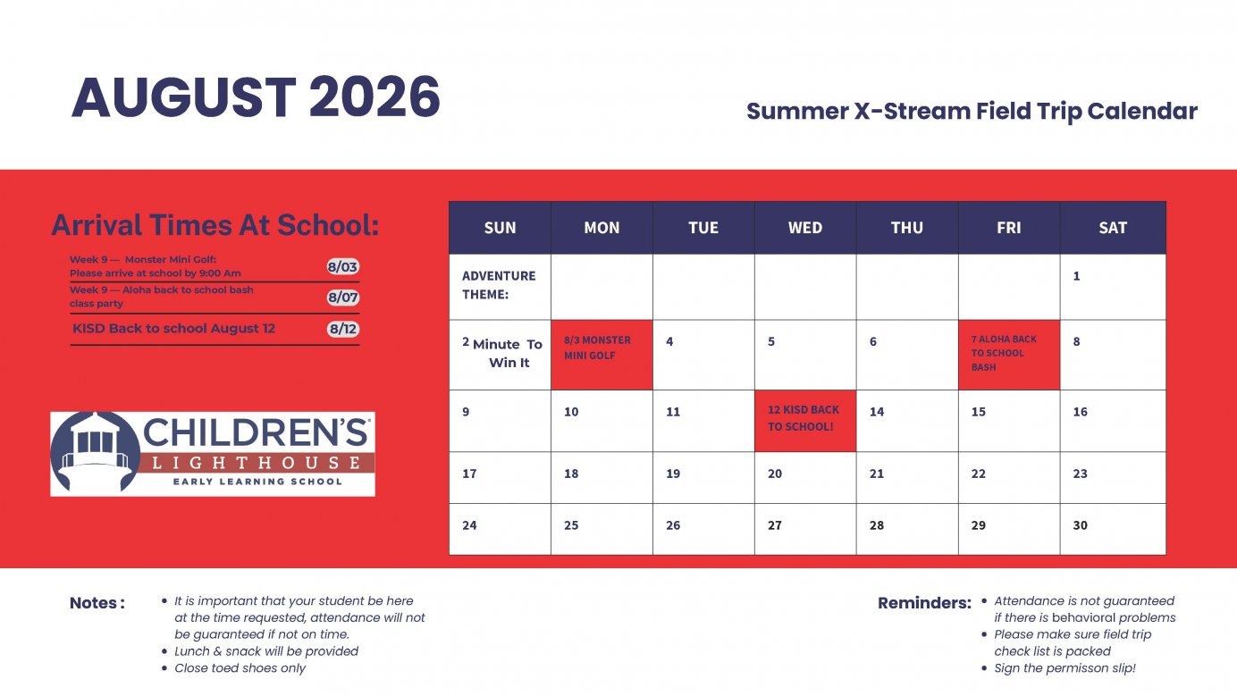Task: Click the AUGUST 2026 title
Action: tap(256, 97)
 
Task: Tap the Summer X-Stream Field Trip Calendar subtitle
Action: tap(972, 112)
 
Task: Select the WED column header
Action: tap(805, 228)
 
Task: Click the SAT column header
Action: tap(1113, 228)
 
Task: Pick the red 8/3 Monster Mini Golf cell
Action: tap(602, 355)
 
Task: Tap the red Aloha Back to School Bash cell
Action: tap(1008, 355)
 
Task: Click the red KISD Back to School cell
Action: tap(805, 420)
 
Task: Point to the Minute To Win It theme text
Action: tap(508, 354)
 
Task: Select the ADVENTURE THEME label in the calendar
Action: tap(499, 285)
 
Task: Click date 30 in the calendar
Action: tap(1081, 525)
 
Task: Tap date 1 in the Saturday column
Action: tap(1076, 276)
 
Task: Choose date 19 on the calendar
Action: tap(673, 474)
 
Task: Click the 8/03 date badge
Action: tap(343, 267)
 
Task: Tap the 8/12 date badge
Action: tap(343, 329)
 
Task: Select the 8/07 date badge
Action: tap(343, 298)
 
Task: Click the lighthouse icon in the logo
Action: tap(92, 452)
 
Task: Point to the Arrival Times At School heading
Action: tap(215, 225)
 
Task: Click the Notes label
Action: tap(97, 603)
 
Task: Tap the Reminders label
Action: tap(924, 603)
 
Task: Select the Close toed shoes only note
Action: tap(240, 668)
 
